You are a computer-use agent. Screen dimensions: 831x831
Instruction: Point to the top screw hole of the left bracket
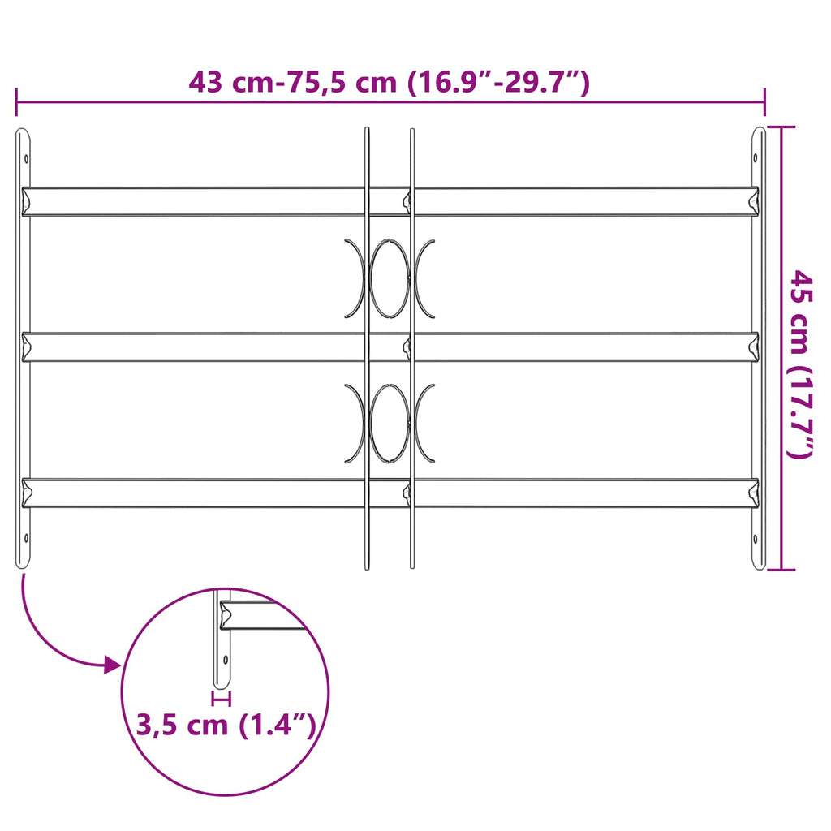click(26, 159)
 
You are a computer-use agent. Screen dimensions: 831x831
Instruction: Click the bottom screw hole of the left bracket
click(25, 536)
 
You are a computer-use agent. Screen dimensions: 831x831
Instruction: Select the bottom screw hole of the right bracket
click(756, 536)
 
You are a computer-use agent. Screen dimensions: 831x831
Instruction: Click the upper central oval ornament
click(390, 278)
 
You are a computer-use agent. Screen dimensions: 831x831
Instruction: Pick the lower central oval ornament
click(390, 423)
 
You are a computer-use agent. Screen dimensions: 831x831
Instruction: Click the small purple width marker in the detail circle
click(221, 698)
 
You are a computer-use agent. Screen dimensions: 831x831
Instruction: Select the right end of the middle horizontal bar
click(752, 347)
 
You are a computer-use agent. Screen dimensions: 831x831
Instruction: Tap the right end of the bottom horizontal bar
click(752, 492)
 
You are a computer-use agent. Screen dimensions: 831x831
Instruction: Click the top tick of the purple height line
click(781, 127)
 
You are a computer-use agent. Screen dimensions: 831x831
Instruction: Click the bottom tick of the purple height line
click(781, 569)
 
